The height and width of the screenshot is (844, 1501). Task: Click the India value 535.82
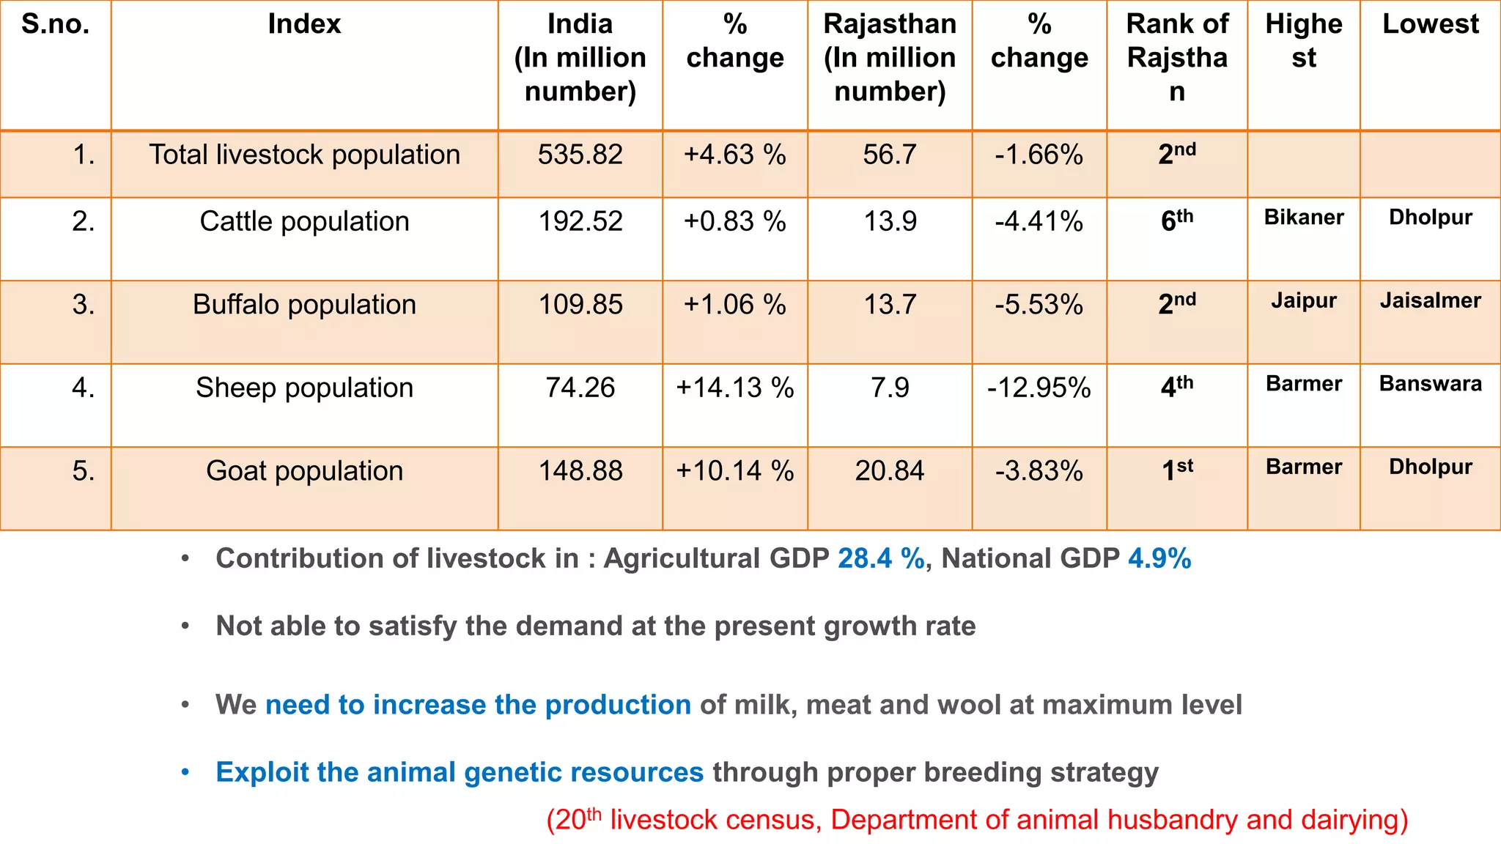click(x=580, y=155)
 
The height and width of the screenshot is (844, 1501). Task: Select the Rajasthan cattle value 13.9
click(x=890, y=221)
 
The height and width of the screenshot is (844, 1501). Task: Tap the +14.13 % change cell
click(x=734, y=388)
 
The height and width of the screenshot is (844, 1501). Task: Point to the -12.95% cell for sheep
click(x=1039, y=388)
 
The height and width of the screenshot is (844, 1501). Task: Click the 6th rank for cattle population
click(x=1176, y=220)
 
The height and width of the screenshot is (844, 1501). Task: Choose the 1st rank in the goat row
click(x=1176, y=470)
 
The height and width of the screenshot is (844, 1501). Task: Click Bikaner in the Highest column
click(x=1303, y=217)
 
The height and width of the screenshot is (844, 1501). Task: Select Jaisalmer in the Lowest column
click(x=1430, y=300)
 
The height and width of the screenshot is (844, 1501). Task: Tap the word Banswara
click(x=1430, y=383)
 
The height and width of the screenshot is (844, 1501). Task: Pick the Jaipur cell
click(x=1303, y=300)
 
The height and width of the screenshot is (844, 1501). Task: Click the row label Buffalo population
click(x=304, y=304)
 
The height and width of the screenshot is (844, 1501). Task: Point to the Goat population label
click(x=304, y=470)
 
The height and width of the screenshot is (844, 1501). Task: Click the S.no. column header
click(x=56, y=24)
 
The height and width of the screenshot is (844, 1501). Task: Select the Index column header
click(x=304, y=24)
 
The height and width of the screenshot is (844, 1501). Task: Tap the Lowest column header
click(x=1430, y=24)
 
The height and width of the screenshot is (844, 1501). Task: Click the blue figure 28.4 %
click(x=881, y=558)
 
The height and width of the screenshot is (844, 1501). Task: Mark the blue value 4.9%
click(x=1159, y=558)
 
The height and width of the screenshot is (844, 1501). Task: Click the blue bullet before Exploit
click(x=185, y=772)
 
